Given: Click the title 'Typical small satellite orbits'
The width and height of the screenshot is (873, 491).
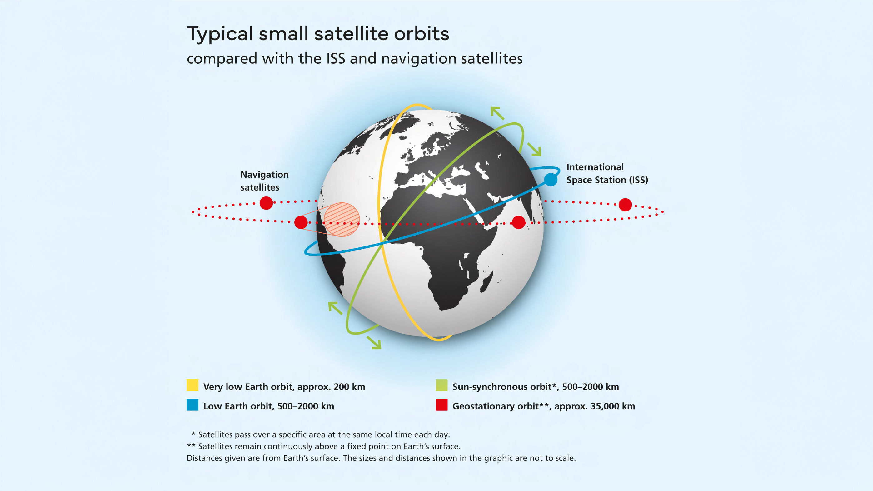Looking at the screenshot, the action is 318,34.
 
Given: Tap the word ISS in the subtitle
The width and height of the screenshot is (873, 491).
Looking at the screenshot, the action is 336,58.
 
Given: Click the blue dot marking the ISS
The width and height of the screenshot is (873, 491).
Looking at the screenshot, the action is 551,179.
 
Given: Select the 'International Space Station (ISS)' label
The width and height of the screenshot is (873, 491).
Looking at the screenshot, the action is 607,173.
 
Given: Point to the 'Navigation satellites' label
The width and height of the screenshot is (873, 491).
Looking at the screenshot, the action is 264,181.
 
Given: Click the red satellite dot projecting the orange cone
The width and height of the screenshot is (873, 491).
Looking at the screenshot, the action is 301,222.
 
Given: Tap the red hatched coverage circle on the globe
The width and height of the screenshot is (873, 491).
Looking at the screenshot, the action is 342,219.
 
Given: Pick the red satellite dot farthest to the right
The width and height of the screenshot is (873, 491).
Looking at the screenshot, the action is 625,205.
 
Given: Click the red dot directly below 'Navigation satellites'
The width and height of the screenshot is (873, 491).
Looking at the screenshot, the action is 266,203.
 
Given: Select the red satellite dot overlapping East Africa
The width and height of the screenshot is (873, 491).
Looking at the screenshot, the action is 518,222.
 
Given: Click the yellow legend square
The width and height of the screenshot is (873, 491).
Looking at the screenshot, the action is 192,385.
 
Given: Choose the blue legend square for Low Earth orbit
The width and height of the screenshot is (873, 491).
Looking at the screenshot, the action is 192,404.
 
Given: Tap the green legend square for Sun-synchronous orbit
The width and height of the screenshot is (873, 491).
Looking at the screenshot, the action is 441,385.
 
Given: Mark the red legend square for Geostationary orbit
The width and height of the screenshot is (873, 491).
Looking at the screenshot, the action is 441,404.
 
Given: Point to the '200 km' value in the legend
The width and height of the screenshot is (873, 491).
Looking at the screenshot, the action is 349,387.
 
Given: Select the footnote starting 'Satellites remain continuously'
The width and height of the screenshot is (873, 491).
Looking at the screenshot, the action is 324,446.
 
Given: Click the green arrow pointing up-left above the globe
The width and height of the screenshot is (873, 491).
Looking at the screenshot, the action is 497,113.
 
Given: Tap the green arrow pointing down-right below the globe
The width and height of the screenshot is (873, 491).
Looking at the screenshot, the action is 374,342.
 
